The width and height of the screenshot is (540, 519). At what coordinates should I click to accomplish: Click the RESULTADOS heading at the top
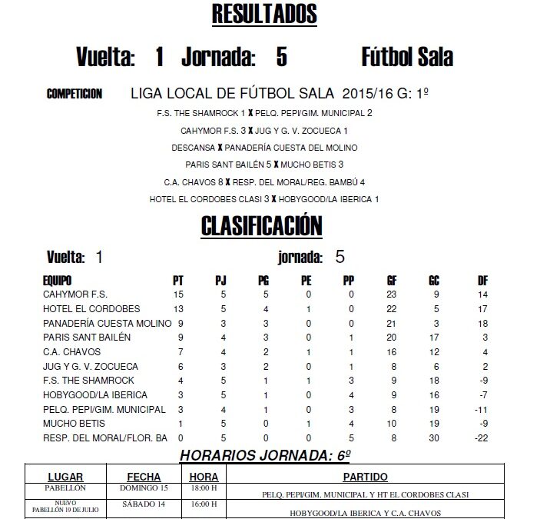tap(263, 15)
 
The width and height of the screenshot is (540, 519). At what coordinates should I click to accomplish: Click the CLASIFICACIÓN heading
tap(261, 225)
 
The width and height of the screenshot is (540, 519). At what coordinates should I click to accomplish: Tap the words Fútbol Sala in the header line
tap(406, 57)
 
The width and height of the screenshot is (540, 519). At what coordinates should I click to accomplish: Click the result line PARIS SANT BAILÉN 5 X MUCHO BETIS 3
tap(264, 164)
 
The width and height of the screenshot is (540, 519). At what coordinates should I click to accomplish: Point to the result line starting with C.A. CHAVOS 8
tap(264, 181)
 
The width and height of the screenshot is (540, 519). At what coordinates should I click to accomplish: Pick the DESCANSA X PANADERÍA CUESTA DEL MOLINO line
tap(264, 147)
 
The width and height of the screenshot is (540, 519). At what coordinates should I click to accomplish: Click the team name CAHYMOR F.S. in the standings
tap(78, 293)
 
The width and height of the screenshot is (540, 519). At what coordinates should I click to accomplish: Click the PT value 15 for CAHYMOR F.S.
tap(178, 293)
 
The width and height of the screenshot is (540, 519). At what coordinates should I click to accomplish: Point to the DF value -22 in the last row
tap(482, 438)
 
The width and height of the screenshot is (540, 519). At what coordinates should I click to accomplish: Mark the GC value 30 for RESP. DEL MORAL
tap(434, 438)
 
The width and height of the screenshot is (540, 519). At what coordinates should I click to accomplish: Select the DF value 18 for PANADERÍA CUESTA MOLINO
tap(482, 322)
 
